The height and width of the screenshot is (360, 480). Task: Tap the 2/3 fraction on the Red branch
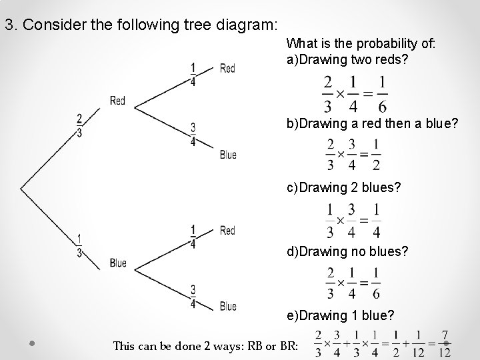(79, 125)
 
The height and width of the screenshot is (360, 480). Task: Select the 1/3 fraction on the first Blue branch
(79, 246)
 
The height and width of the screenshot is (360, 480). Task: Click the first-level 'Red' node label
(117, 101)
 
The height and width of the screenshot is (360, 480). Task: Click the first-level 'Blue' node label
(118, 263)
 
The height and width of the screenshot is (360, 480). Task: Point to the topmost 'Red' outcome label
(227, 69)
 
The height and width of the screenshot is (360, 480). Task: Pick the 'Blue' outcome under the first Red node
(228, 155)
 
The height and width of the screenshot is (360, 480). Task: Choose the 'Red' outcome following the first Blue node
(227, 231)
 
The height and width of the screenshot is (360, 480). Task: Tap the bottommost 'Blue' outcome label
(228, 306)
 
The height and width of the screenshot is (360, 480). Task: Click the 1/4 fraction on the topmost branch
(193, 75)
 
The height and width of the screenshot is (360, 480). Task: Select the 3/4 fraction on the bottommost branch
(193, 296)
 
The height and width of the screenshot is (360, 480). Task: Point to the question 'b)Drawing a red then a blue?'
(372, 123)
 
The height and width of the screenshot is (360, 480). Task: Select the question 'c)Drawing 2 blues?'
(344, 188)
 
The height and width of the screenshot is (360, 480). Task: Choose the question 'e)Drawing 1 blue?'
(340, 315)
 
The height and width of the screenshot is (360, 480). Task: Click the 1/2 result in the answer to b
(377, 154)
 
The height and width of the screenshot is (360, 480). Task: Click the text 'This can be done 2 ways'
(174, 345)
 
